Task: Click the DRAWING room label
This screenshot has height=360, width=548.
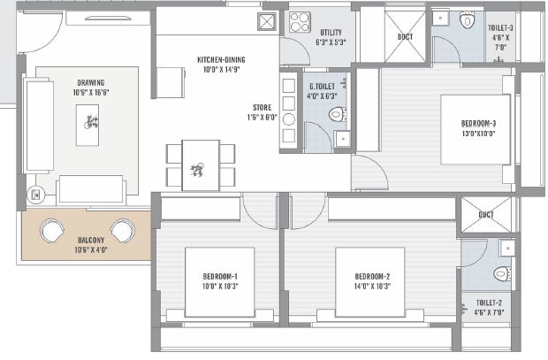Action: click(x=91, y=83)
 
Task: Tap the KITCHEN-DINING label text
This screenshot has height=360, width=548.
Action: click(x=221, y=60)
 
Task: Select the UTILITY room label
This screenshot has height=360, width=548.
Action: click(x=331, y=33)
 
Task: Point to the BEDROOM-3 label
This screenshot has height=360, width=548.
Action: click(x=478, y=124)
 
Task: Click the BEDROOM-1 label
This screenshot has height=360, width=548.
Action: click(x=220, y=276)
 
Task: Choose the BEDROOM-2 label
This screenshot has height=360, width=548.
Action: click(x=372, y=276)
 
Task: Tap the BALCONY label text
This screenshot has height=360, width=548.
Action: click(x=91, y=241)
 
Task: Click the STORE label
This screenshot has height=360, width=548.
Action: click(x=263, y=108)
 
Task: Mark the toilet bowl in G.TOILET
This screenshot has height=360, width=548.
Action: click(x=338, y=114)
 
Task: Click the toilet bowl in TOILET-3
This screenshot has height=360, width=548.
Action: click(x=467, y=20)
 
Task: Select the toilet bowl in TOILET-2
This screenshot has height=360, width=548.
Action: click(x=502, y=273)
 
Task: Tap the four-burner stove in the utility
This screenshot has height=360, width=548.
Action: click(x=300, y=22)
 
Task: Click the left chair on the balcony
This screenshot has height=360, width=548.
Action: click(x=52, y=231)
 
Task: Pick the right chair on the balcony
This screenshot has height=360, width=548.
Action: click(x=123, y=231)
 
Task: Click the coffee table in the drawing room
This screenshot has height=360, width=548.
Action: click(x=88, y=125)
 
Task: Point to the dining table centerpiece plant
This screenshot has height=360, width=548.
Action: click(x=197, y=169)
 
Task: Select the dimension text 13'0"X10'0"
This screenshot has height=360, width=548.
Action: click(x=478, y=134)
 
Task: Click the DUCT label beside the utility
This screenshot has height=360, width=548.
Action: click(x=405, y=37)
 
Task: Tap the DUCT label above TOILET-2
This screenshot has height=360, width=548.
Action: click(x=486, y=214)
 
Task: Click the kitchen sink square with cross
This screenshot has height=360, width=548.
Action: click(x=267, y=21)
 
